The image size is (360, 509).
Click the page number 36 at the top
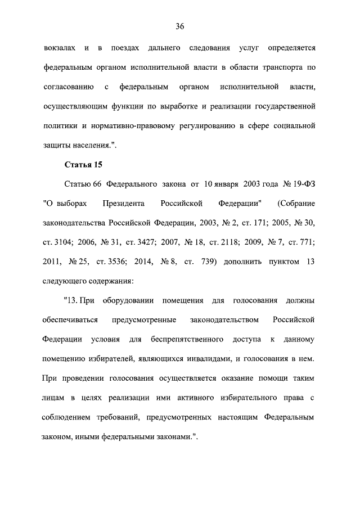(180, 26)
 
